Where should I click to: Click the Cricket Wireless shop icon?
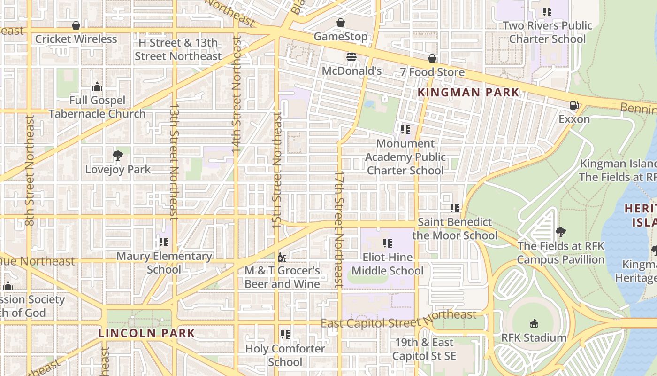click(x=76, y=25)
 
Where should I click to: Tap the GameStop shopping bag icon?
click(x=341, y=23)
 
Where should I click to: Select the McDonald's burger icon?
click(x=351, y=57)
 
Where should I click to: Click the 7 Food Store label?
click(x=432, y=72)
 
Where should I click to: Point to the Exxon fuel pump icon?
click(x=574, y=105)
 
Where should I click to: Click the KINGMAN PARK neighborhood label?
click(x=468, y=93)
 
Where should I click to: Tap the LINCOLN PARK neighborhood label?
click(x=146, y=333)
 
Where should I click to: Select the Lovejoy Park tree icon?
click(x=118, y=156)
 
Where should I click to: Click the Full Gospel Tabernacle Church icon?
click(x=97, y=86)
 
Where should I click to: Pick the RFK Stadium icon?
click(x=534, y=323)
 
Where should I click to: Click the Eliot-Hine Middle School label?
click(x=388, y=264)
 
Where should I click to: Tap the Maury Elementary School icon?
click(x=163, y=242)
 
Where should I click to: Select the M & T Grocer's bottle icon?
click(x=282, y=257)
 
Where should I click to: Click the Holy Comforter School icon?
click(x=285, y=335)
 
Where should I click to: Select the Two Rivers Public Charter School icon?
click(x=547, y=12)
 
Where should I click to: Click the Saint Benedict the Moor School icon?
click(x=454, y=208)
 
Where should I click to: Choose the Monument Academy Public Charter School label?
click(x=405, y=157)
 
